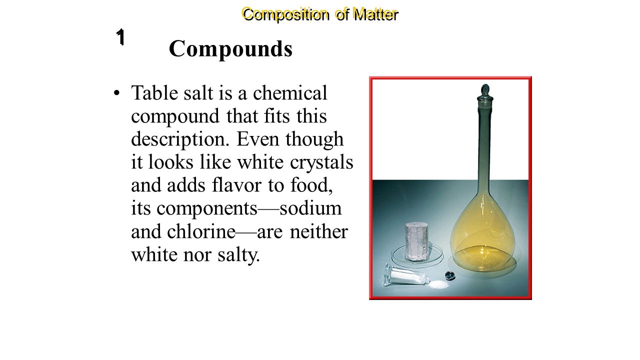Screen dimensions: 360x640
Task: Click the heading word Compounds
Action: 230,49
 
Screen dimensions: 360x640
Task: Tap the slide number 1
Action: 120,37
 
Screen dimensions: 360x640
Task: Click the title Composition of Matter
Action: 320,14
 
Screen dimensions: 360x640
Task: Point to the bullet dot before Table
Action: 116,93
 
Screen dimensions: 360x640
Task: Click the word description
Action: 180,139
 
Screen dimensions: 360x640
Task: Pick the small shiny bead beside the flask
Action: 449,274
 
